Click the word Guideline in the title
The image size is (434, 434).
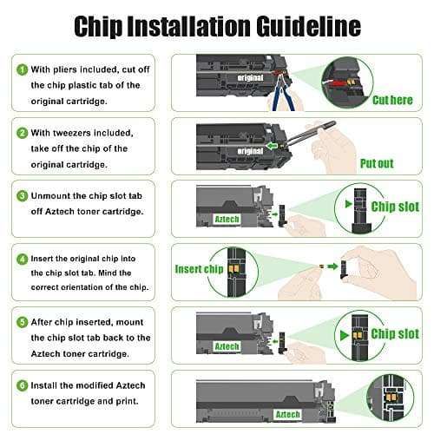309,27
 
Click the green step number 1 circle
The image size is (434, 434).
23,69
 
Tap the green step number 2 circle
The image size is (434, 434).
23,133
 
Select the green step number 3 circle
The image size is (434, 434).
23,196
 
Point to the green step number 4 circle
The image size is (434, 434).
23,259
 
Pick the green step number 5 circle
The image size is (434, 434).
23,322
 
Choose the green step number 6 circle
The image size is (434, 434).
23,385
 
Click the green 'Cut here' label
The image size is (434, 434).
392,100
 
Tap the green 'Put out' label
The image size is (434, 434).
377,164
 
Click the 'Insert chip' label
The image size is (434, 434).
199,269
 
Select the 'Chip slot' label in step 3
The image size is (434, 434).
395,207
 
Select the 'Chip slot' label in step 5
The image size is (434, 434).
395,333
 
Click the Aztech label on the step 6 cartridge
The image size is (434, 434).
287,414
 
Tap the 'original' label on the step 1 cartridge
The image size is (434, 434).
250,77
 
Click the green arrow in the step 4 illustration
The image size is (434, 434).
332,266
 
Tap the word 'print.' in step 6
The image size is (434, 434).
128,402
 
